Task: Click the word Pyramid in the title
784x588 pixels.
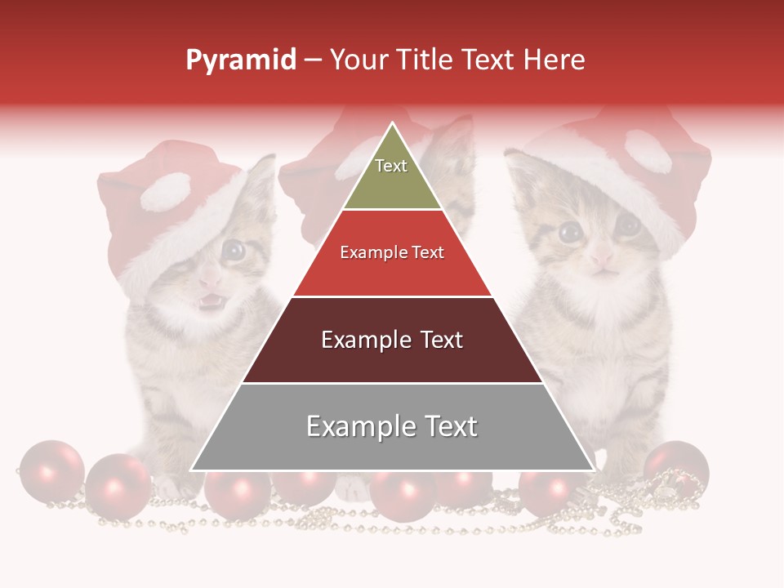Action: tap(240, 60)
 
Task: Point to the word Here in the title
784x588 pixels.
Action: tap(554, 60)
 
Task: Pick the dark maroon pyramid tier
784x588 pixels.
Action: tap(392, 347)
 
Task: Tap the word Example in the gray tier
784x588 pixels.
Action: tap(356, 426)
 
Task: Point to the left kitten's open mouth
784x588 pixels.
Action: tap(211, 301)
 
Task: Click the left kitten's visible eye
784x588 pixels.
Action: tap(234, 251)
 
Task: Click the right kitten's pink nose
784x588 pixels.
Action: tap(603, 258)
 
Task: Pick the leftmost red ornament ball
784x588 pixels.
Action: tap(51, 471)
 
